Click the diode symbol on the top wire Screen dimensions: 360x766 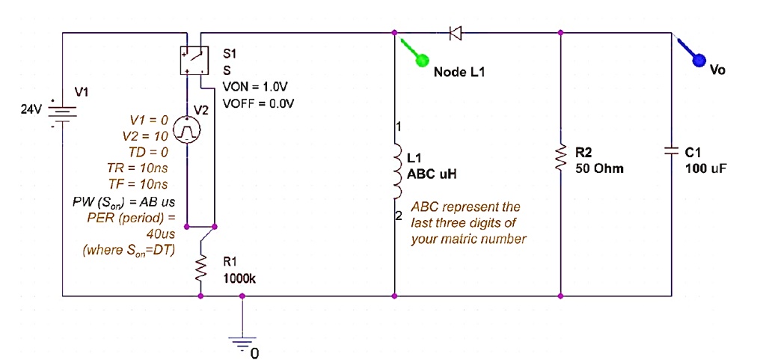click(x=455, y=32)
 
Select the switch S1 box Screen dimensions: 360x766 click(x=194, y=60)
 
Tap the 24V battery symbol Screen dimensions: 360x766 click(x=62, y=113)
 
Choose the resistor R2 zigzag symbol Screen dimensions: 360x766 click(x=561, y=158)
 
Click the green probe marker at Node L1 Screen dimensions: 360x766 click(x=421, y=59)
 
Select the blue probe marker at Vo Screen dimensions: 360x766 click(x=700, y=60)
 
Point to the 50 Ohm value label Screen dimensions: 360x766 click(x=599, y=168)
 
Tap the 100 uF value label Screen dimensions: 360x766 click(x=705, y=168)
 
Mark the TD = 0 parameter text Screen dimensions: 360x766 click(x=150, y=152)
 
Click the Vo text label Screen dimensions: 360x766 click(x=717, y=70)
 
